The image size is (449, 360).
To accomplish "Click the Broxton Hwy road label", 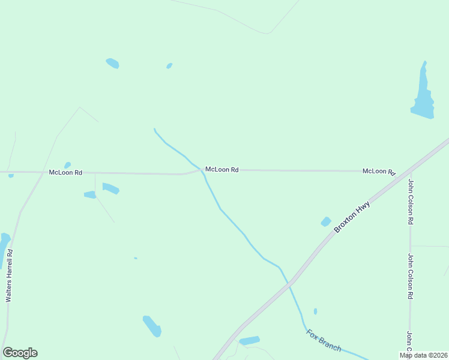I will coord(352,217).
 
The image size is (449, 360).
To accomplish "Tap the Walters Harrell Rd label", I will coord(8,276).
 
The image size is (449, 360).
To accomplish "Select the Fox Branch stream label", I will coord(324,340).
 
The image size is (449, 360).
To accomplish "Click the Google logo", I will coord(20,353).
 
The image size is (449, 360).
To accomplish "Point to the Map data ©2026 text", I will coord(423,355).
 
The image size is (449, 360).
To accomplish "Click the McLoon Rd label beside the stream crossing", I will coord(222,170).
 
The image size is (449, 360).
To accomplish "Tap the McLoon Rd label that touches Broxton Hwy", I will coord(379,172).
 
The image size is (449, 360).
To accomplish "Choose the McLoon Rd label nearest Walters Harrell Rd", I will coord(65,172).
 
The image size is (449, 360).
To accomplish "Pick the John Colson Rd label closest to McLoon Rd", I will coord(411,202).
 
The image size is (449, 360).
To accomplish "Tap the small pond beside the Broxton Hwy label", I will coord(326,221).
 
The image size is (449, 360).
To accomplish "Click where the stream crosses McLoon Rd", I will coord(202,170).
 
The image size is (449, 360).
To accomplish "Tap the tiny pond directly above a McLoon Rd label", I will coord(67,165).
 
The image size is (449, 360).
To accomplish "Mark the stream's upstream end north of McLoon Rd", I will coord(154,129).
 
